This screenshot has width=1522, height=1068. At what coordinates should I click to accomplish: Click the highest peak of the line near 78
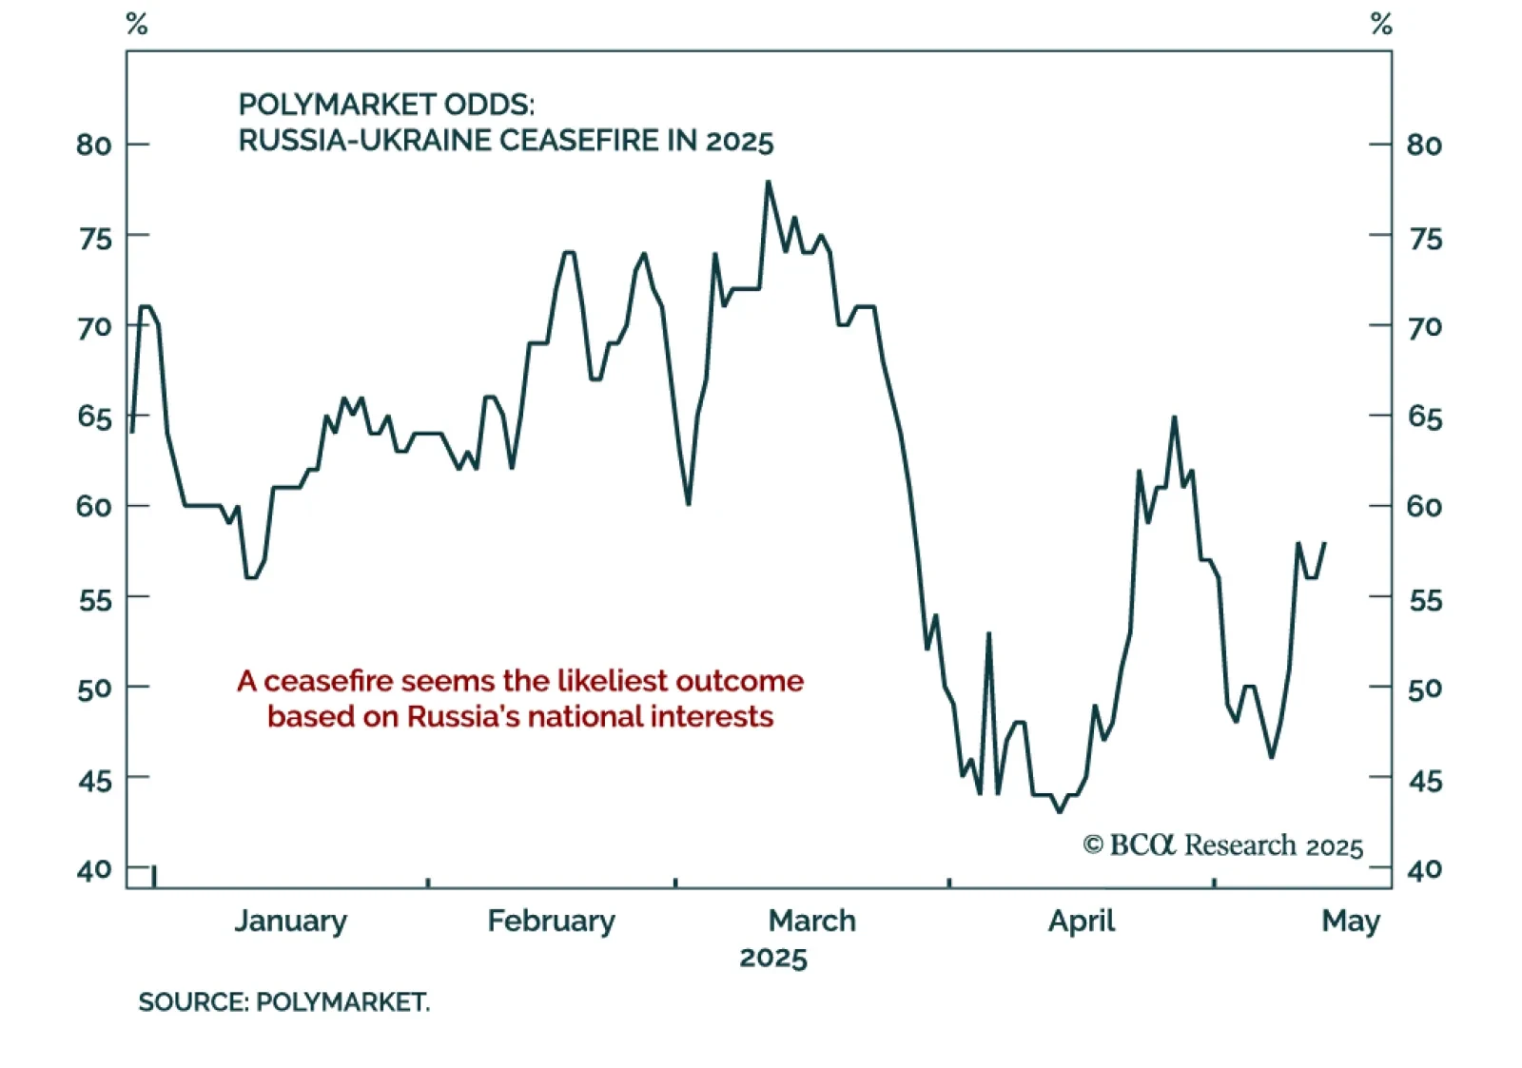[x=768, y=182]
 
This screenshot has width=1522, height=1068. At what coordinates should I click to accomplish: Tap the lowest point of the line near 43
[x=1060, y=811]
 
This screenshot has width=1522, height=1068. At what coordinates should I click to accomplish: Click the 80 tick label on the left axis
[x=94, y=146]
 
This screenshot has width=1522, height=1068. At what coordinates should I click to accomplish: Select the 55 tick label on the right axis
[x=1425, y=600]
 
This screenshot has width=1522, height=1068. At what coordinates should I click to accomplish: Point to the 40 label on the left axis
[x=94, y=869]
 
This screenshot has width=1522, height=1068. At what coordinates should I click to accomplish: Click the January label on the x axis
[x=290, y=922]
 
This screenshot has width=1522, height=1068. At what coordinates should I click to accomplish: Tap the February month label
[x=551, y=922]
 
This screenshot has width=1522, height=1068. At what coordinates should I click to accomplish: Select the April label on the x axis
[x=1082, y=922]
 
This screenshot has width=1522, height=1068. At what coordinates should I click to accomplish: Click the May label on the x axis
[x=1350, y=922]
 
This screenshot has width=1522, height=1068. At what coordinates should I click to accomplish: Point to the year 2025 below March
[x=772, y=958]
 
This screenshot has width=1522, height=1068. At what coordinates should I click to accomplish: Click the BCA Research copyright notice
[x=1222, y=845]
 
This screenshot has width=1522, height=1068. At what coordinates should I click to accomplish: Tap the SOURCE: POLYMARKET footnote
[x=283, y=1002]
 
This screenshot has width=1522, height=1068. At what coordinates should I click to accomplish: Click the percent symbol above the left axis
[x=137, y=25]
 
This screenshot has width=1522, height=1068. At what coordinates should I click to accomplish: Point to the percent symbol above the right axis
[x=1381, y=25]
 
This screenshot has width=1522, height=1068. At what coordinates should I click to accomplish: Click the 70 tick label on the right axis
[x=1425, y=327]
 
